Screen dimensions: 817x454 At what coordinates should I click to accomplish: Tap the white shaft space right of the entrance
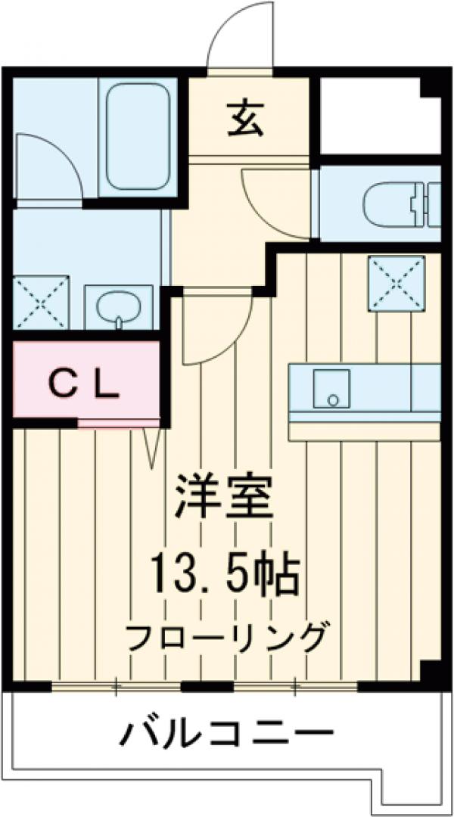tap(371, 117)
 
